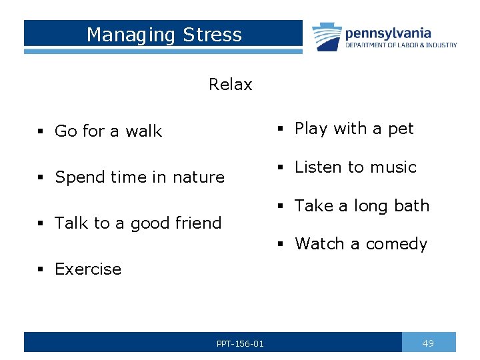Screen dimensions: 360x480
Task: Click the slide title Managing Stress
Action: [164, 35]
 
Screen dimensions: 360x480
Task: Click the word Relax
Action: [230, 85]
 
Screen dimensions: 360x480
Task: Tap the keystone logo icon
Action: [326, 36]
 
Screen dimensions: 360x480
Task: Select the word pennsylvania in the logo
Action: [387, 33]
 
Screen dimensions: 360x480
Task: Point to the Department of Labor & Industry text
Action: [401, 45]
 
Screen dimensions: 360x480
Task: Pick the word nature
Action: [199, 177]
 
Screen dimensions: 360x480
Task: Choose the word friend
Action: [197, 223]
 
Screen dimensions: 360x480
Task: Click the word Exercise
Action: [88, 269]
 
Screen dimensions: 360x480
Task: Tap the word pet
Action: [401, 129]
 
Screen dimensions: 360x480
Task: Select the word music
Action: [393, 167]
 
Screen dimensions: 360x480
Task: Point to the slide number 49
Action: [428, 343]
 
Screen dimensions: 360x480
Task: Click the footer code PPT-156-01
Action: [240, 344]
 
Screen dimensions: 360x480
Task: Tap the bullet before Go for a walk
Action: [41, 132]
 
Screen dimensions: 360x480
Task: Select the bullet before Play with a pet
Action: [281, 129]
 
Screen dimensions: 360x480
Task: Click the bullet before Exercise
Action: [41, 270]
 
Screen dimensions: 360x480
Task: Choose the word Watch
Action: [319, 244]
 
